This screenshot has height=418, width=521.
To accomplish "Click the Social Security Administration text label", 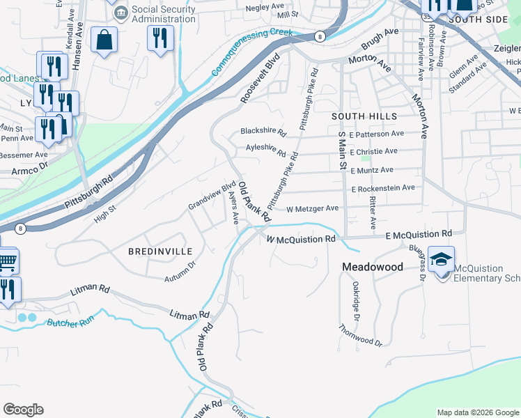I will [164, 13].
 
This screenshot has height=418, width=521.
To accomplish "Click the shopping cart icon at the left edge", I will [7, 261].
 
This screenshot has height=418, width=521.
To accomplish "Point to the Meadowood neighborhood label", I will [372, 267].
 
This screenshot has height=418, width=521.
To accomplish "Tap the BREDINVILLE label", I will [158, 250].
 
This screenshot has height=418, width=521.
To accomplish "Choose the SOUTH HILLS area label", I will [364, 116].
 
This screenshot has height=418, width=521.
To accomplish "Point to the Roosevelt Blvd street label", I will [260, 78].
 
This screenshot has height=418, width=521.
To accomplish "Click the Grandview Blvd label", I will [212, 197].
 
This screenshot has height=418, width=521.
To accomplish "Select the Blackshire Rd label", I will [263, 131].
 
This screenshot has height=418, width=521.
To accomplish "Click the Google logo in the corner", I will [23, 410].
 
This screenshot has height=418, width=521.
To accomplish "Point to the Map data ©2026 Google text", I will [477, 412].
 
